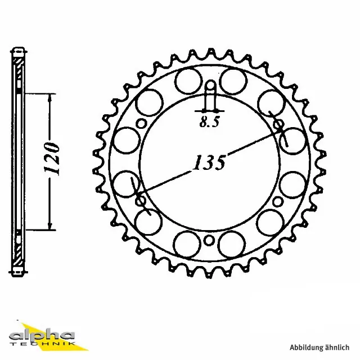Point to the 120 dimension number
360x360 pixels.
tap(53, 160)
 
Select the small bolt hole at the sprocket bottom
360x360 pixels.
tap(209, 241)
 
